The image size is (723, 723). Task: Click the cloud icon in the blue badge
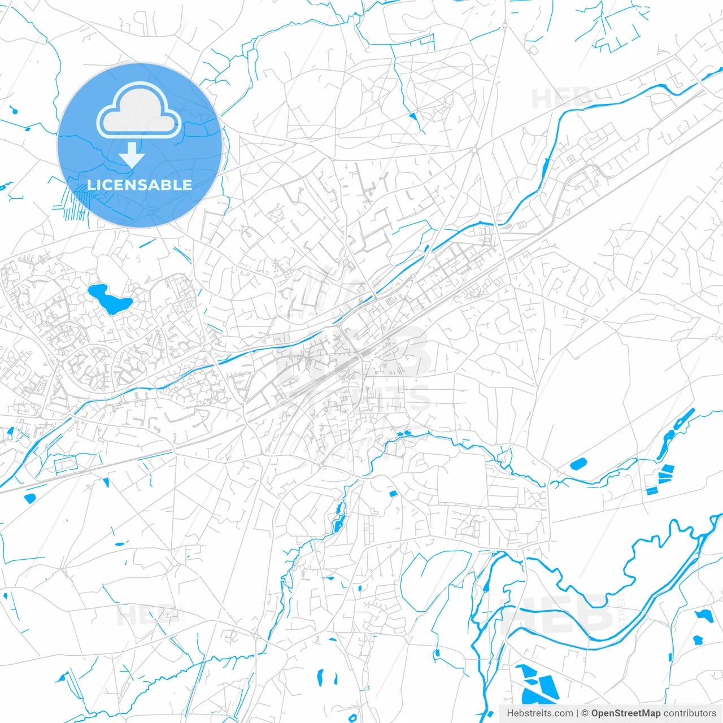tap(139, 111)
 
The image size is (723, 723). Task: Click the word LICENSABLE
tap(140, 185)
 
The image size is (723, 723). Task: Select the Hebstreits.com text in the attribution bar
tap(539, 713)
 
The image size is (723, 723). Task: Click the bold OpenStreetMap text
tap(625, 713)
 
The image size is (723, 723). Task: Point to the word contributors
tap(690, 713)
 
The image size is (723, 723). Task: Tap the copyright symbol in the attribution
tap(585, 713)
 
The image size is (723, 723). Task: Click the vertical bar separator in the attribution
tap(577, 713)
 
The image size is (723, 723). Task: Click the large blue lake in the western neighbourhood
tap(109, 299)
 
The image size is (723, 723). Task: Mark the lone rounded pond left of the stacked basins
tap(578, 464)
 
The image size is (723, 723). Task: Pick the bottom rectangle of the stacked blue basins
tap(652, 490)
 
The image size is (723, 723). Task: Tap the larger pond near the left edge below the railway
tap(29, 498)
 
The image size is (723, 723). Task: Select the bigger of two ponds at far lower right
tap(705, 616)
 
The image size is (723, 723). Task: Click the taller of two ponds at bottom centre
tap(320, 676)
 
